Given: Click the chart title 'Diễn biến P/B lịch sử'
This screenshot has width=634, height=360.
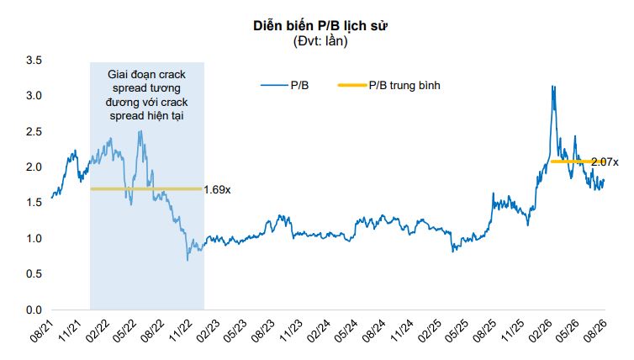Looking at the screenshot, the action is pos(320,25).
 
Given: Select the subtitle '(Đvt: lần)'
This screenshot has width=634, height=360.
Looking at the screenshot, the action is pos(320,41).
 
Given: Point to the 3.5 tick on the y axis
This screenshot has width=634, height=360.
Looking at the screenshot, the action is pos(34,61).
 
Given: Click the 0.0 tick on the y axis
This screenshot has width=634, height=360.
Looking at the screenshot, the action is pos(34,310).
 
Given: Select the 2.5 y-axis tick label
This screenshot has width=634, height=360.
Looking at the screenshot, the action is pos(34,131).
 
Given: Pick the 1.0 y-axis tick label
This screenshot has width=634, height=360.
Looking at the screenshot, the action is pos(34,238).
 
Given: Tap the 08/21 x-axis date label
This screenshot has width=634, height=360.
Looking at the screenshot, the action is pos(42,331).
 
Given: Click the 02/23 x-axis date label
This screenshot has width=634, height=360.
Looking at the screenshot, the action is pos(209,331).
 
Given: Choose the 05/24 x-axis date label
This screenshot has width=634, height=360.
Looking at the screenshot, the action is pos(346,331).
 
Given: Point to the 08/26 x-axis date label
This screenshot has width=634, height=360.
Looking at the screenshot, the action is pos(595,331).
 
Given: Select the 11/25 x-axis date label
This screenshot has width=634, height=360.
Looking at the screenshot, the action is pos(512,331).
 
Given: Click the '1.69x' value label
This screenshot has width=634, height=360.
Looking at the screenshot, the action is pos(217,190).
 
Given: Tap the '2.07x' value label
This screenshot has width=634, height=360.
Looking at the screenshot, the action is pos(605,162).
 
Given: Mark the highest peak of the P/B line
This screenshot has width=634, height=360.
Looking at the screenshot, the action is pos(552,86).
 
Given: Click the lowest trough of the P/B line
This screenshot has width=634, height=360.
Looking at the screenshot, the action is pos(188,260).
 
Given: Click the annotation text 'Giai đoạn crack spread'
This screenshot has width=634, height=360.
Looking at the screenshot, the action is pos(146,81).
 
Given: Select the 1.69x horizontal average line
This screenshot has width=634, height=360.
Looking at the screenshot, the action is pos(146,189).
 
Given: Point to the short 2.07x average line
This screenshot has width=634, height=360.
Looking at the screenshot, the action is pos(572,161).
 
